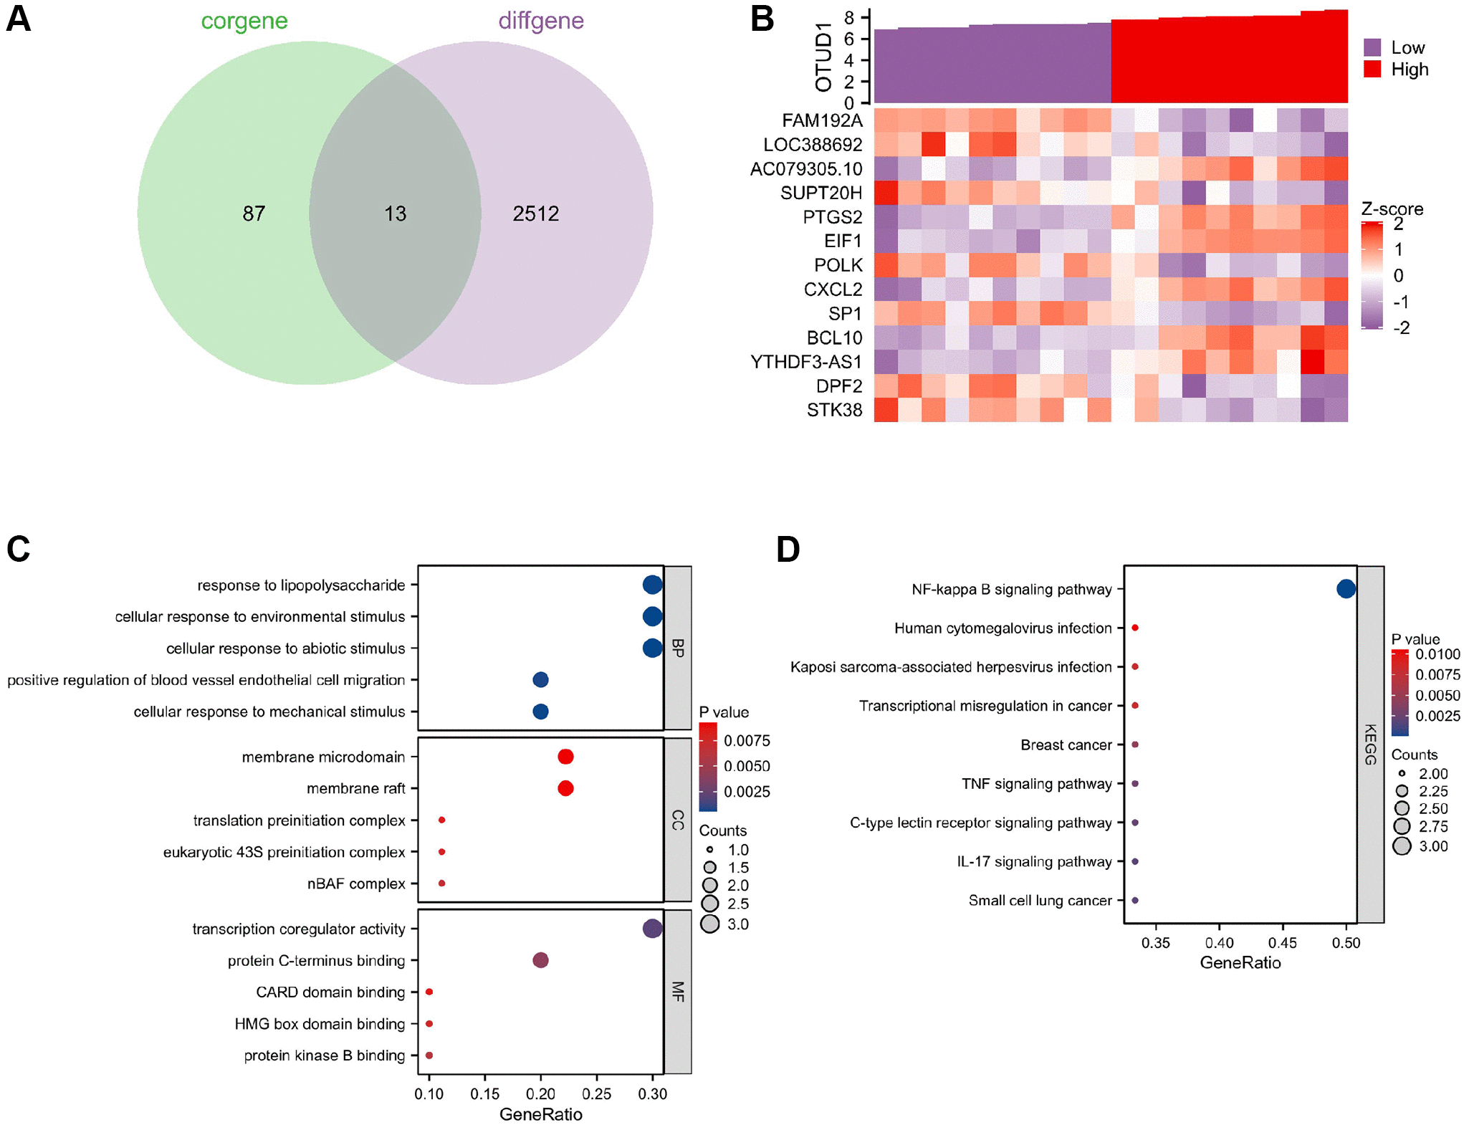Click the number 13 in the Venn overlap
pyautogui.click(x=395, y=214)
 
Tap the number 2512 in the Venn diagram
pyautogui.click(x=535, y=214)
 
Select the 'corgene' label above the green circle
pyautogui.click(x=244, y=21)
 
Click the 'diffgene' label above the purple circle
pyautogui.click(x=541, y=21)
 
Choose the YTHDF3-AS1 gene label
pyautogui.click(x=805, y=362)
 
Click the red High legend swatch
pyautogui.click(x=1372, y=70)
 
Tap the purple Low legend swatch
pyautogui.click(x=1372, y=48)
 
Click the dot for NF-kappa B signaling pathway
pyautogui.click(x=1346, y=589)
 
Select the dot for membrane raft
pyautogui.click(x=565, y=788)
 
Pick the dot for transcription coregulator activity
pyautogui.click(x=652, y=929)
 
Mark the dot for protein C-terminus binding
pyautogui.click(x=541, y=960)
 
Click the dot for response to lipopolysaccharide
pyautogui.click(x=652, y=585)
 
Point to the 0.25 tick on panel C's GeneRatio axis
pyautogui.click(x=597, y=1093)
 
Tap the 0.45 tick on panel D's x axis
pyautogui.click(x=1283, y=943)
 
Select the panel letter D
pyautogui.click(x=788, y=550)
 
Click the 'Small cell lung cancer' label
pyautogui.click(x=1040, y=900)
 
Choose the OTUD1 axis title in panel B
pyautogui.click(x=824, y=57)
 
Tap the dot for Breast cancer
pyautogui.click(x=1135, y=744)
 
